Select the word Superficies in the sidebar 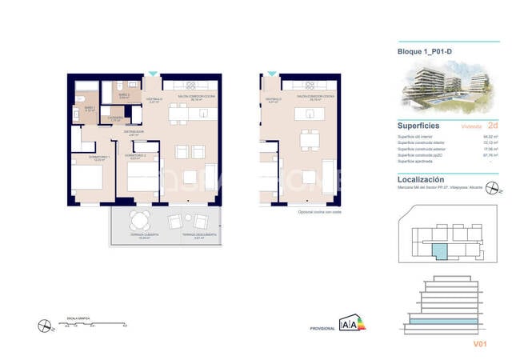tap(419, 125)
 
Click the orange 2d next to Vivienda tap(493, 126)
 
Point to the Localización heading tap(422, 180)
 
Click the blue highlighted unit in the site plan tap(439, 253)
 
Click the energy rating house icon tap(350, 323)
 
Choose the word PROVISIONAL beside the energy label tap(322, 328)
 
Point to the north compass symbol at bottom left tap(44, 324)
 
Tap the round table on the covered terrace tap(141, 221)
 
